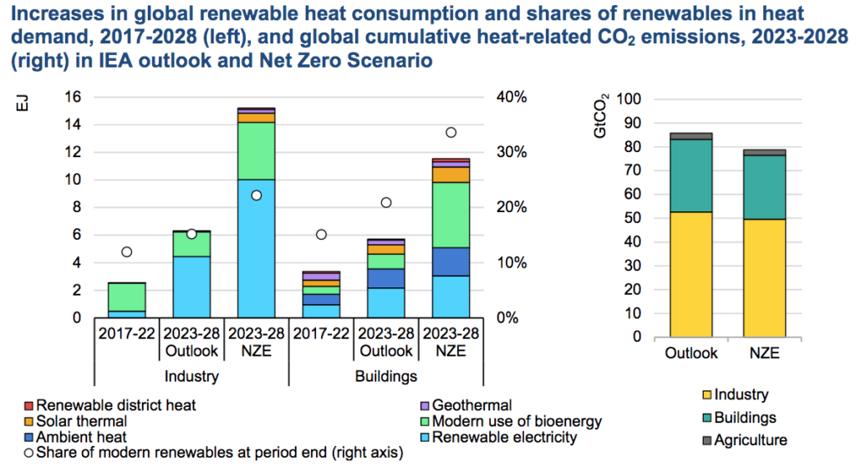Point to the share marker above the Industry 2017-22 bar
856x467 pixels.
point(127,251)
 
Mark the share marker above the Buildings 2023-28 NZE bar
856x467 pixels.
point(451,132)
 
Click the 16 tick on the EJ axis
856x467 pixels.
point(73,97)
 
